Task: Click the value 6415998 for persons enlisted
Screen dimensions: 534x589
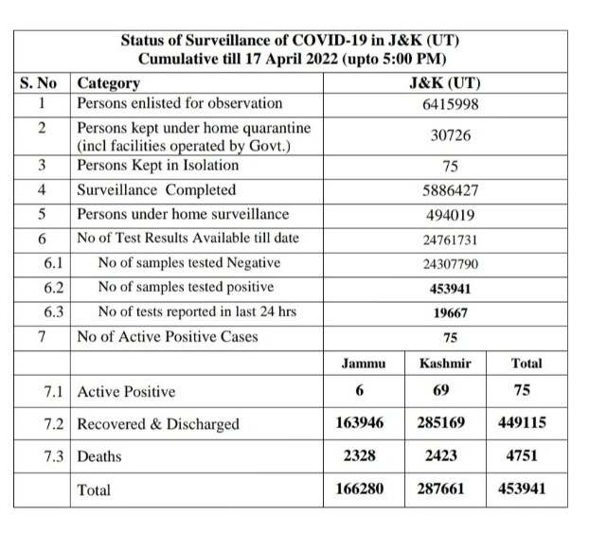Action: [450, 103]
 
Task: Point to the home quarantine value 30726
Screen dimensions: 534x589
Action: [450, 135]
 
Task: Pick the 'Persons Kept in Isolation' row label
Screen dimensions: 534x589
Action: [160, 166]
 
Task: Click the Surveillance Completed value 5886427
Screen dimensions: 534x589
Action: [450, 190]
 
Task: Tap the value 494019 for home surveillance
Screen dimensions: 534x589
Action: [450, 214]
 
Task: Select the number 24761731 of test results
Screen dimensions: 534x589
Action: [450, 239]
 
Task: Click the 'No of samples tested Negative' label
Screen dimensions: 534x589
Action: [189, 263]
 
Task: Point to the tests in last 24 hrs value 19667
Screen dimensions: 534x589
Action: [450, 312]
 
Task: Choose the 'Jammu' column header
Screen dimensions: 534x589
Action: [363, 363]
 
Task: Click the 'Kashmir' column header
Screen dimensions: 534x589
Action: [444, 363]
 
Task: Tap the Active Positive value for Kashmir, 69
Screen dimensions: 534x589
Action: [444, 390]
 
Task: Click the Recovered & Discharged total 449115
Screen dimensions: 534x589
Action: [522, 423]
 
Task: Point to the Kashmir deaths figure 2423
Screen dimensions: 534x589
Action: [444, 455]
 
